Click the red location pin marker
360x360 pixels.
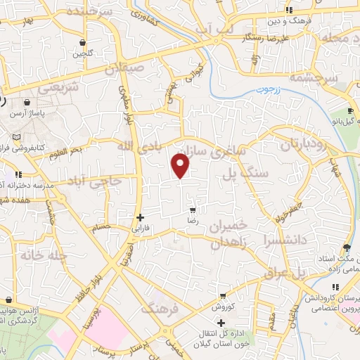(181, 166)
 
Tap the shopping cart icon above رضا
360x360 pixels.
(192, 210)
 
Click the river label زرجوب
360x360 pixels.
(268, 90)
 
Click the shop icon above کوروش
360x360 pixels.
(223, 296)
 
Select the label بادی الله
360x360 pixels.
(134, 146)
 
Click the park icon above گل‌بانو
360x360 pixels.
(352, 112)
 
